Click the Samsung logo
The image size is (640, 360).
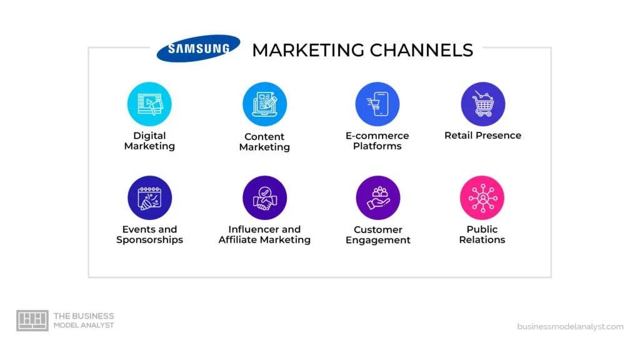198,48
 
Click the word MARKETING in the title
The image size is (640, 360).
308,50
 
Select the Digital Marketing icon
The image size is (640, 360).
149,104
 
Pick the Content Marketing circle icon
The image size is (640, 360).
264,104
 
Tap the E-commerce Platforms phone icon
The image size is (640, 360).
377,104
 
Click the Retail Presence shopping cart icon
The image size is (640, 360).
483,104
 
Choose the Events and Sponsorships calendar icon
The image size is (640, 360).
149,198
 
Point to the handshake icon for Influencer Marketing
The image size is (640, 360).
264,198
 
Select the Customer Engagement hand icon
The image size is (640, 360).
378,198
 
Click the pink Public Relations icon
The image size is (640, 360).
482,198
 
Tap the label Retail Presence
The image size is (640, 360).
483,136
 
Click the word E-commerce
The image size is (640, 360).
377,136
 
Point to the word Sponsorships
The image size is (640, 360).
149,240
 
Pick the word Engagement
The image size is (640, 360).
378,241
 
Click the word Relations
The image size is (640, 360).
482,239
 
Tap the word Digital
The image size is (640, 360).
149,136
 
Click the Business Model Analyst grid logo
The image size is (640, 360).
32,321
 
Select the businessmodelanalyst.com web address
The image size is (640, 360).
570,326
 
